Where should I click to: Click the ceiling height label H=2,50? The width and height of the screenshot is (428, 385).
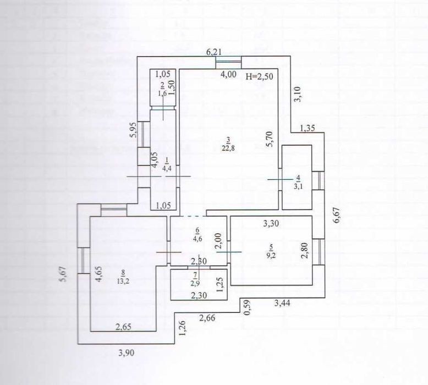pos(259,75)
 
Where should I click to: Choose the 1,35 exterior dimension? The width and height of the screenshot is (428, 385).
pos(309,129)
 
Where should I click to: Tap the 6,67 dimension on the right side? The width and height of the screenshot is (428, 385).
pos(337,211)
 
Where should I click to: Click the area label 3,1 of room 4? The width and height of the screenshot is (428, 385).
pos(297,186)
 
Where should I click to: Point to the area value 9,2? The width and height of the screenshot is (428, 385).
pos(270,255)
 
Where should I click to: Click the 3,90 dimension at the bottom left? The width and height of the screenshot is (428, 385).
pos(127,352)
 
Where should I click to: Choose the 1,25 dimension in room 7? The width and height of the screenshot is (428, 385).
pos(220,287)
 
